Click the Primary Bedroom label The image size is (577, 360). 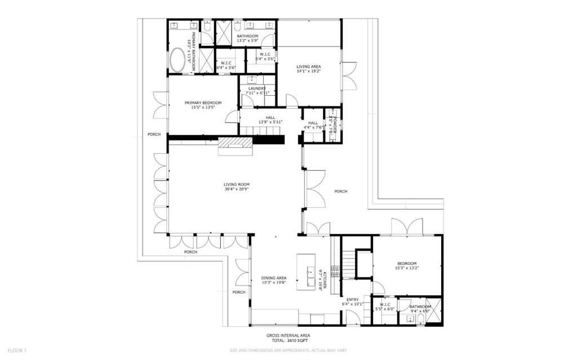[x=203, y=105]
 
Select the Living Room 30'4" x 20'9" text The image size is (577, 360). [x=236, y=187]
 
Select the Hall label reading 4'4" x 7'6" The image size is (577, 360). [x=313, y=125]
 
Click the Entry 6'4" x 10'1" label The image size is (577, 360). [x=353, y=301]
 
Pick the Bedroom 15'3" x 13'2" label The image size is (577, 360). [x=406, y=266]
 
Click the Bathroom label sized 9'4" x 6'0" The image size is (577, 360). [x=420, y=309]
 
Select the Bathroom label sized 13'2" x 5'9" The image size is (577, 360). [x=247, y=38]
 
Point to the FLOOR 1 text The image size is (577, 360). [x=16, y=350]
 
